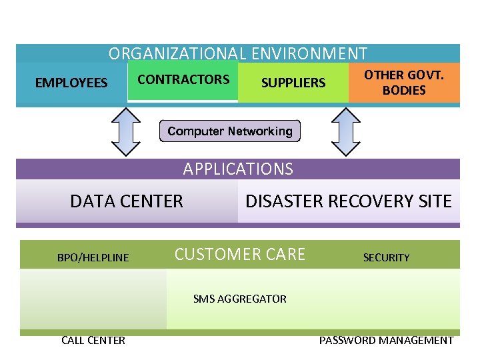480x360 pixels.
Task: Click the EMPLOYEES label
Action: pyautogui.click(x=71, y=83)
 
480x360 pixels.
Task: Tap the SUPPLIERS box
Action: pyautogui.click(x=293, y=83)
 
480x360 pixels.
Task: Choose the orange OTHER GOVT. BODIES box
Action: pyautogui.click(x=404, y=83)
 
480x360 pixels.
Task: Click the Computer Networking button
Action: pyautogui.click(x=230, y=131)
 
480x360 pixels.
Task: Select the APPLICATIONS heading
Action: pyautogui.click(x=238, y=169)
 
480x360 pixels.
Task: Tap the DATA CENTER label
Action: pyautogui.click(x=126, y=201)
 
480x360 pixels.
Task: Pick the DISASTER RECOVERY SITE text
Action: pyautogui.click(x=348, y=201)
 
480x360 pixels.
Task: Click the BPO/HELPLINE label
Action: pyautogui.click(x=93, y=257)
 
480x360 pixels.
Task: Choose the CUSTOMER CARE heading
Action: pyautogui.click(x=239, y=254)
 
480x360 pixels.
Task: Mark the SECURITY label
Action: pyautogui.click(x=386, y=257)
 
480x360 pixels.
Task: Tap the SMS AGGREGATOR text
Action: pyautogui.click(x=239, y=299)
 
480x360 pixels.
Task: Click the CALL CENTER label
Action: pyautogui.click(x=93, y=340)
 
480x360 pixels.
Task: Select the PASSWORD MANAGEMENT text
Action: pyautogui.click(x=386, y=340)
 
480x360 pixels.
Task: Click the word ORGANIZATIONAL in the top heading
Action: pyautogui.click(x=176, y=53)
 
